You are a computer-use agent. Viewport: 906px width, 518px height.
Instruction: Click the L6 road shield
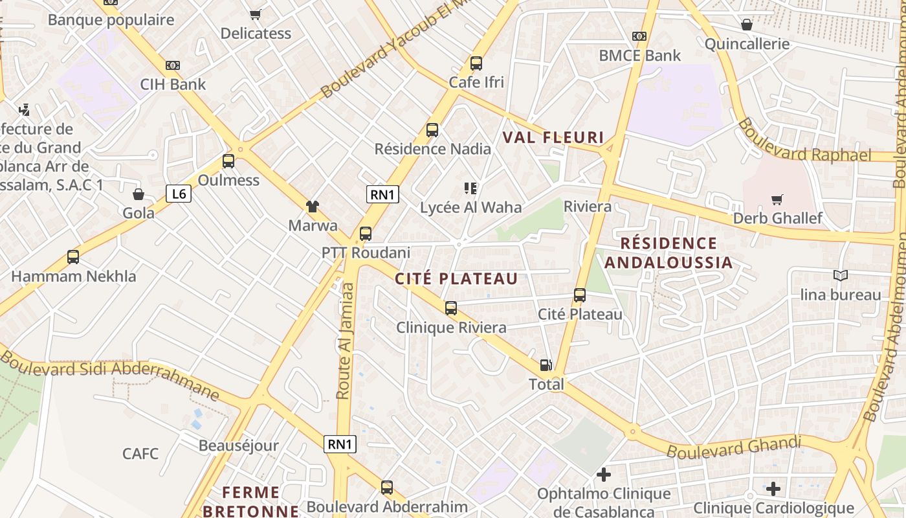point(179,193)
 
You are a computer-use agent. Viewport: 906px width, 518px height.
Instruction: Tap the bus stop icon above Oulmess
point(228,161)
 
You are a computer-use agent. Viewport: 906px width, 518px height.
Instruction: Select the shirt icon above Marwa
point(313,207)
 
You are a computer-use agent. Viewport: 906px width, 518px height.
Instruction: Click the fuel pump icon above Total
point(546,365)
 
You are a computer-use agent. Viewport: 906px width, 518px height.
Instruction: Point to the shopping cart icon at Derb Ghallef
point(777,199)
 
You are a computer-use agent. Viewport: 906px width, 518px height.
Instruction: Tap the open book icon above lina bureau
point(840,276)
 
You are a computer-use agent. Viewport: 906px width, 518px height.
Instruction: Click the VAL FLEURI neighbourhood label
point(553,137)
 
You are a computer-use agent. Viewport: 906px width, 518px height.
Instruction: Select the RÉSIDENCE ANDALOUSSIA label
point(668,253)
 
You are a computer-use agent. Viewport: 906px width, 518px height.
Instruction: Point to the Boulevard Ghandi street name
point(734,447)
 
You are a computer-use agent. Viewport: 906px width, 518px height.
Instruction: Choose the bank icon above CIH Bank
point(173,65)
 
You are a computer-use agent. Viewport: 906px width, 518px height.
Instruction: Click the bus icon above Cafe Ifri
point(476,63)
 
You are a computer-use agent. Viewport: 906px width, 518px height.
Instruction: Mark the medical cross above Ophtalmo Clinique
point(604,475)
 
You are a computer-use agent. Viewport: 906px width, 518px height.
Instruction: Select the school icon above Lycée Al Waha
point(470,188)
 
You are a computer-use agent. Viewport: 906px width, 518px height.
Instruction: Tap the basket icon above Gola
point(138,194)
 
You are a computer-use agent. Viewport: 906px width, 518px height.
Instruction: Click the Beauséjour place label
point(238,445)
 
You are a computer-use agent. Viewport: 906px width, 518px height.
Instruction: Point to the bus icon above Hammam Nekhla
point(73,257)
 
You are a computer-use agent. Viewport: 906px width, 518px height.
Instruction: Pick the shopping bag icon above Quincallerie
point(747,25)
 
